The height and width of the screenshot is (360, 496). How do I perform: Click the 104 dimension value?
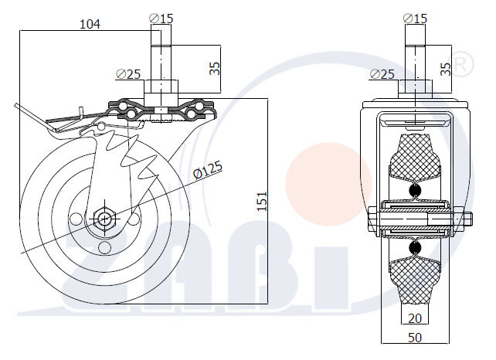coord(90,24)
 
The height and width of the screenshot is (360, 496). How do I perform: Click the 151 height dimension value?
coord(263,201)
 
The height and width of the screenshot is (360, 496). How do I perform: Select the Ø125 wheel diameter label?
coord(207,169)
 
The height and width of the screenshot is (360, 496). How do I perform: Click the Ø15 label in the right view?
coord(415,16)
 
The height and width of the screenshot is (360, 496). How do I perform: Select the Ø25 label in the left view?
coord(128,74)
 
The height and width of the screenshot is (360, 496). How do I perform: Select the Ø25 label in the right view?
coord(382,74)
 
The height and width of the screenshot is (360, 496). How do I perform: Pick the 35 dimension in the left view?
coord(215,67)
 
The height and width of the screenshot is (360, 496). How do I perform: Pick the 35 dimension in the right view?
coord(446,67)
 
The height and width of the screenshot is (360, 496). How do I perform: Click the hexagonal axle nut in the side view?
coord(103,217)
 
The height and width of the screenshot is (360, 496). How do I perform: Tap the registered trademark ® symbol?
coord(460,65)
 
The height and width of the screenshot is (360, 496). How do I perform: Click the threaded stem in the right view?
coord(415,58)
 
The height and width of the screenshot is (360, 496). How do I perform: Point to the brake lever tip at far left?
coord(16,107)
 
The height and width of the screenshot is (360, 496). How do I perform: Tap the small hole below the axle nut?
coord(104,246)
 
